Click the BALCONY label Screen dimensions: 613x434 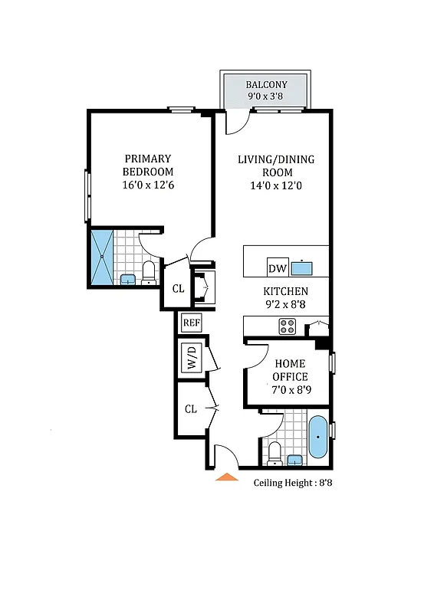click(266, 84)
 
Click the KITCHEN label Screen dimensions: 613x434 click(285, 291)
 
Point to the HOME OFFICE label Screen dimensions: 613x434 click(290, 370)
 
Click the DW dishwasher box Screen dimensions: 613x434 click(277, 269)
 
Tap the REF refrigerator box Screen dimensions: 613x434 click(191, 323)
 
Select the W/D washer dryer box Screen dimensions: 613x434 click(191, 359)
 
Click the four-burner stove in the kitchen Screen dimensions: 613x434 click(288, 326)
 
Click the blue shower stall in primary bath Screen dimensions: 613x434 click(102, 257)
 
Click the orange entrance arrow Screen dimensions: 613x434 click(226, 477)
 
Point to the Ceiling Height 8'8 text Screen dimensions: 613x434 click(292, 483)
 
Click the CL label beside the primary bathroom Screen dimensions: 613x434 click(178, 289)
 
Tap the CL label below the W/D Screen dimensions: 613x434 click(190, 409)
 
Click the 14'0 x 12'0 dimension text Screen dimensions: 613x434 click(275, 185)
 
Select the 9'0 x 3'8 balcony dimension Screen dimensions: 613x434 click(266, 97)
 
